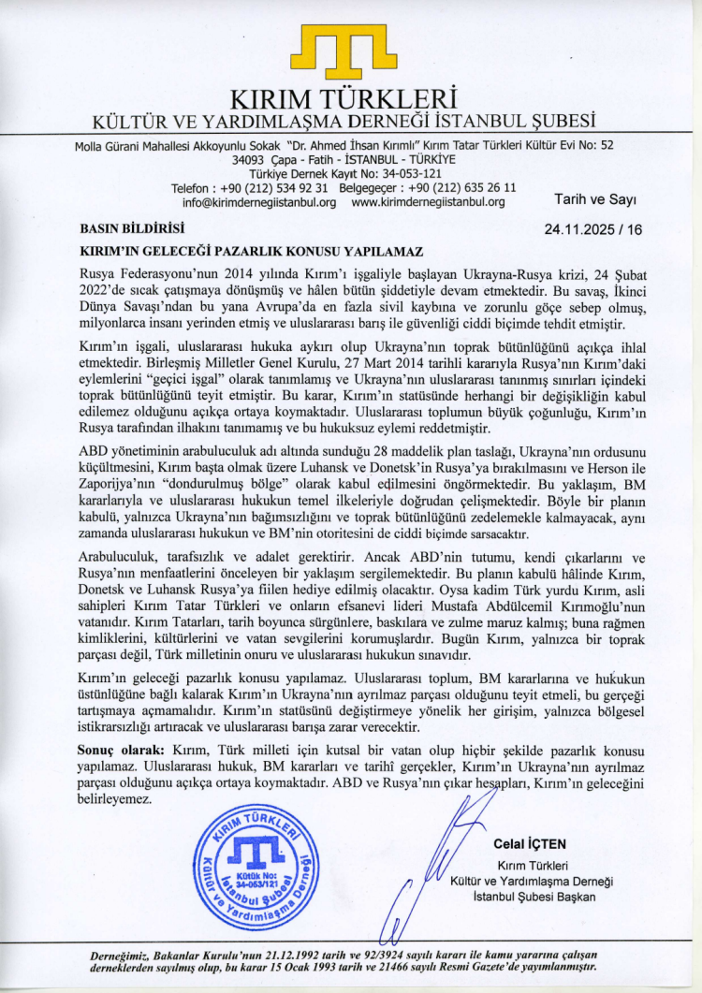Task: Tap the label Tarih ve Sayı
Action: (x=595, y=199)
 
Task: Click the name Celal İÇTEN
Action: (x=530, y=844)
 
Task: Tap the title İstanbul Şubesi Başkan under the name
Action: (x=534, y=897)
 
